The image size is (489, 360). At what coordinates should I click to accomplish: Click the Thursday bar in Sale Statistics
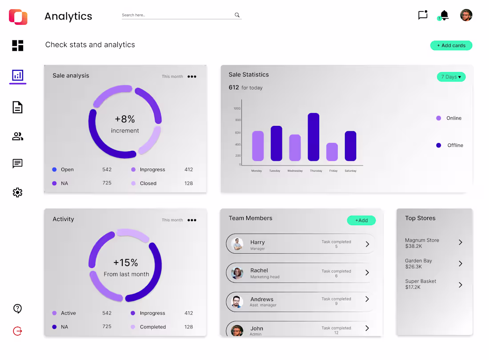(313, 137)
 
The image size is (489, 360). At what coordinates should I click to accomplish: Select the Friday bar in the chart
(332, 152)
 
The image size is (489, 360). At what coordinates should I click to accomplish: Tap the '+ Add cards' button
(451, 45)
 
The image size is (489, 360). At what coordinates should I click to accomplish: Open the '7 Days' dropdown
(451, 77)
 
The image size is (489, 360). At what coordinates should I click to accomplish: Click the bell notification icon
(444, 15)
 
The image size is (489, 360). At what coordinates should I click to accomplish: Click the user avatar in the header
(466, 15)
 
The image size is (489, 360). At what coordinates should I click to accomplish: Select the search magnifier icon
(237, 15)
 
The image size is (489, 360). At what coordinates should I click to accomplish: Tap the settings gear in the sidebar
(17, 192)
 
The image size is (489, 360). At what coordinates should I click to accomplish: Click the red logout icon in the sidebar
(17, 331)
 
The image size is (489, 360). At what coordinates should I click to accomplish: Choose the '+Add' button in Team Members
(361, 220)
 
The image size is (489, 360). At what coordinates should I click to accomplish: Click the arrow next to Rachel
(367, 272)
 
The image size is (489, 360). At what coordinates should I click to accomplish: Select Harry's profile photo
(237, 244)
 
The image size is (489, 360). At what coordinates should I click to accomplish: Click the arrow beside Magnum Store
(461, 243)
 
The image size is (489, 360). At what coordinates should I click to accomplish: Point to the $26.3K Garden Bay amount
(413, 267)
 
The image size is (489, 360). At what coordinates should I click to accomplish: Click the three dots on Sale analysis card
(192, 77)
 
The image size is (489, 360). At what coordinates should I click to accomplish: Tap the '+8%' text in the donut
(124, 119)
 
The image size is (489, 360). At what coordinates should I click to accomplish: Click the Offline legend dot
(439, 145)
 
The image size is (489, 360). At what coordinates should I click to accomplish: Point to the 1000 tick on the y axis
(236, 109)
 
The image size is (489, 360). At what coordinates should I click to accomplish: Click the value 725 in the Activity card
(107, 327)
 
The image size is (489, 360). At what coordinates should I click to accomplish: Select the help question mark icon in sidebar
(17, 308)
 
